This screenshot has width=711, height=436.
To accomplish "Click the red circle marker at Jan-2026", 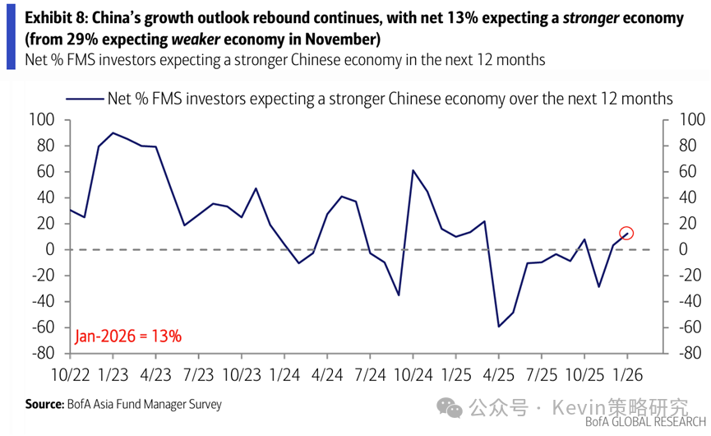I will (626, 233).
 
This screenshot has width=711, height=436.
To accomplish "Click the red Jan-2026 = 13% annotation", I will (128, 336).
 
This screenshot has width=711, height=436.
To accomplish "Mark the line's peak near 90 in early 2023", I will (113, 132).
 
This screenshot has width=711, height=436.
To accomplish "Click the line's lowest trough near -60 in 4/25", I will (498, 327).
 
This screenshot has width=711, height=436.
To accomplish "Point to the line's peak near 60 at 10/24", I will (413, 170).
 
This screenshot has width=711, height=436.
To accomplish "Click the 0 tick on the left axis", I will (50, 249).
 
